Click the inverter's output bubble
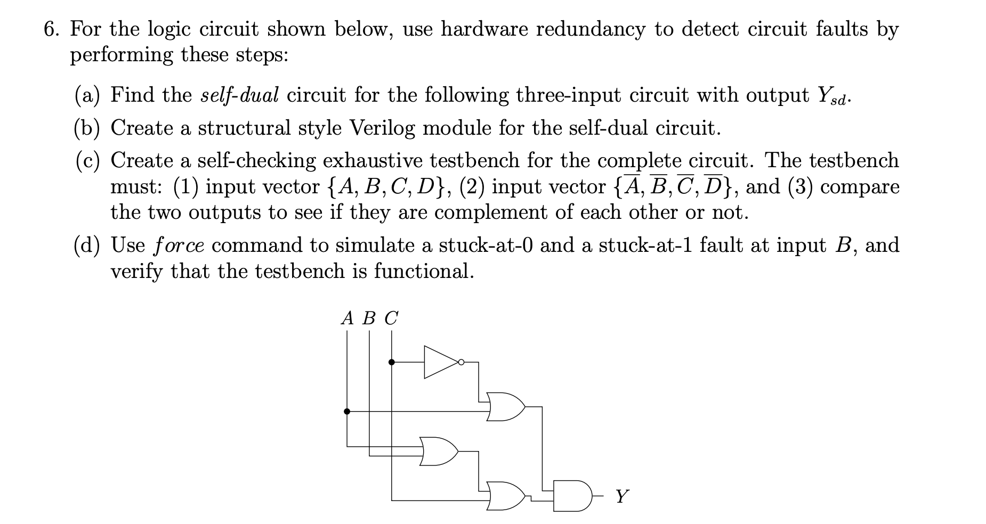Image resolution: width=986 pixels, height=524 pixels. click(x=462, y=363)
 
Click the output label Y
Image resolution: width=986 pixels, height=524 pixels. click(x=621, y=496)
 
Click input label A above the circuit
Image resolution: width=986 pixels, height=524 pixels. click(x=347, y=318)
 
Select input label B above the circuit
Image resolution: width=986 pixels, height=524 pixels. click(x=369, y=318)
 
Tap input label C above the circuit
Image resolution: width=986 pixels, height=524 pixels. click(x=391, y=318)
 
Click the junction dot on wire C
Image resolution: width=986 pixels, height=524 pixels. click(x=392, y=362)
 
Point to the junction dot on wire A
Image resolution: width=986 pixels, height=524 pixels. click(x=347, y=411)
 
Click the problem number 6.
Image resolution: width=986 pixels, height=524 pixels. click(x=51, y=29)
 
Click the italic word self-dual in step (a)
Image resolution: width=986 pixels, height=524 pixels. click(x=239, y=95)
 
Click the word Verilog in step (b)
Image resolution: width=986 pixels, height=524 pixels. click(x=382, y=128)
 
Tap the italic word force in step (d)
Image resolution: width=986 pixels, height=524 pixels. click(x=179, y=245)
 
